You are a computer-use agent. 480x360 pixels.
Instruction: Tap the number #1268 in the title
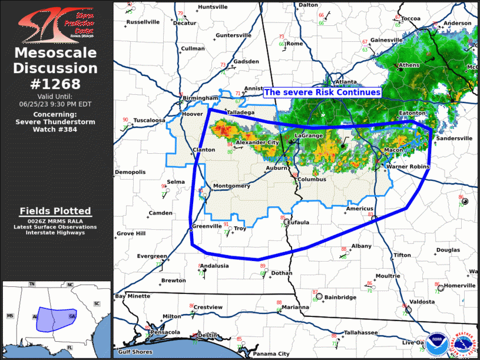(55, 84)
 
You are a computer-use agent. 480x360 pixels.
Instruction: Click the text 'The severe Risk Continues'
(322, 93)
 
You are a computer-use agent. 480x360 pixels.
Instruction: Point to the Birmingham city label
(200, 98)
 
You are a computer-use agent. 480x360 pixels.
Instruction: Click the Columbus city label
(312, 179)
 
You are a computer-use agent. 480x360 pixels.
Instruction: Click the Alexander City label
(257, 143)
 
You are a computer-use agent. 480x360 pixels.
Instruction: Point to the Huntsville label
(213, 7)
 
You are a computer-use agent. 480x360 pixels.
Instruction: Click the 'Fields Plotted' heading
(55, 211)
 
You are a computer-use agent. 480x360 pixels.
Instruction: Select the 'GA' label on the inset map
(72, 316)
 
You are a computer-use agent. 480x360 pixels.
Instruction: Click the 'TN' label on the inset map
(32, 285)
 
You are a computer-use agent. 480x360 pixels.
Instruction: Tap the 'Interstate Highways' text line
(55, 233)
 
